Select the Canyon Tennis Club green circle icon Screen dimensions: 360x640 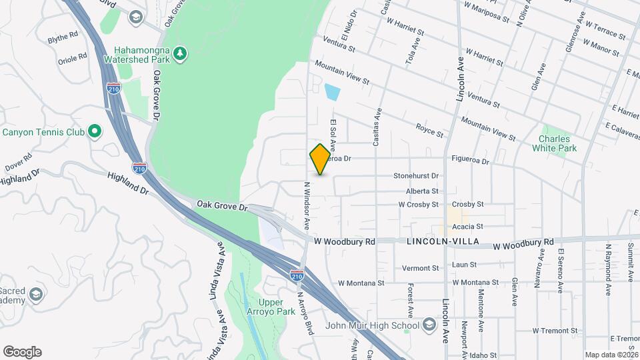pos(94,131)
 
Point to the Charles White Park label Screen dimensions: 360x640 pos(558,143)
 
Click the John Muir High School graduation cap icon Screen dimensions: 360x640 pos(430,325)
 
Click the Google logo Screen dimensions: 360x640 pos(22,352)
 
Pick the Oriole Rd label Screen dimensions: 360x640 pos(73,57)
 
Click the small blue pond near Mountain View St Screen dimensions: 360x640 pos(331,92)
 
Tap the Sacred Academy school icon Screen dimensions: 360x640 pos(36,293)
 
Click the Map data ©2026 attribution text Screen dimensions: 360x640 pos(611,355)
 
